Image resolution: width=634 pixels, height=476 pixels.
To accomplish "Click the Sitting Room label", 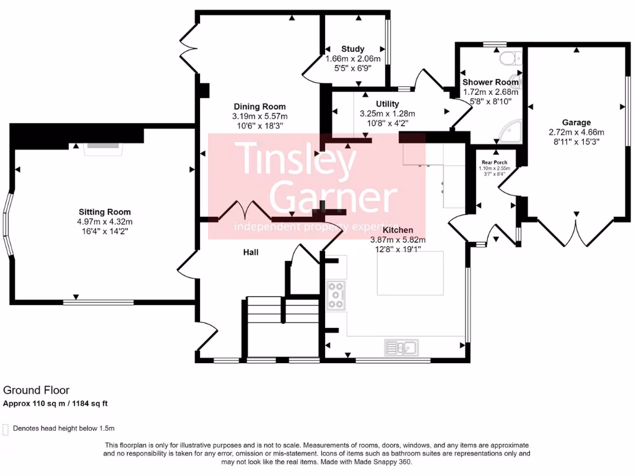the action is tap(105, 212).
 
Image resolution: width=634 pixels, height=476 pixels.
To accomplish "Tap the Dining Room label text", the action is tap(259, 107).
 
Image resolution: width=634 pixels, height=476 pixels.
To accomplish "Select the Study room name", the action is tap(352, 49).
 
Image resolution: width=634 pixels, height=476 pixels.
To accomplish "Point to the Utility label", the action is tap(388, 104).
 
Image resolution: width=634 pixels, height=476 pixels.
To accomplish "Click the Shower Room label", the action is tap(490, 82).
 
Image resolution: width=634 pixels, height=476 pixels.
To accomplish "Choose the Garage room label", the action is tap(576, 122).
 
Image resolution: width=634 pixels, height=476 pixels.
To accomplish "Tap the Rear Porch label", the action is tap(494, 162).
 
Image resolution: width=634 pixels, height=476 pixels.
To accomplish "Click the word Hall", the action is tap(251, 252).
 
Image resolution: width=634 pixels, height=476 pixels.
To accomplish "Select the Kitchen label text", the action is tap(398, 230).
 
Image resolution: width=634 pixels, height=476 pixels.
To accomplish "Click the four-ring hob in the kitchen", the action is tap(336, 296).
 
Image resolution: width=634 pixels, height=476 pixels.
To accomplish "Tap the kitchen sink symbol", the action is tap(401, 348).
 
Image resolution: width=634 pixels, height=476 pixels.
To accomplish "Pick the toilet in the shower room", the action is tap(510, 59).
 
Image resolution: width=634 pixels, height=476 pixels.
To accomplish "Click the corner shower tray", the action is tap(510, 131).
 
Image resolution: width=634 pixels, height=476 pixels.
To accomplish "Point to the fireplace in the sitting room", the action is tap(103, 149).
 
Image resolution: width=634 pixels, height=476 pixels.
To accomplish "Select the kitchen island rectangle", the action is tap(410, 273).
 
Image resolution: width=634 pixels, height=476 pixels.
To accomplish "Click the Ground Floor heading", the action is tap(37, 390).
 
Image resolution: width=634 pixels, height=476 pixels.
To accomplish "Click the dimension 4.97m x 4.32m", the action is tap(105, 222).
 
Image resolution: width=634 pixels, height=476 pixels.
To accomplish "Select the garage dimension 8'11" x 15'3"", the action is tap(576, 142).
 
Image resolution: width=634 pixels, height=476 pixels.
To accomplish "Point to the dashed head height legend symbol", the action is tap(6, 430).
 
